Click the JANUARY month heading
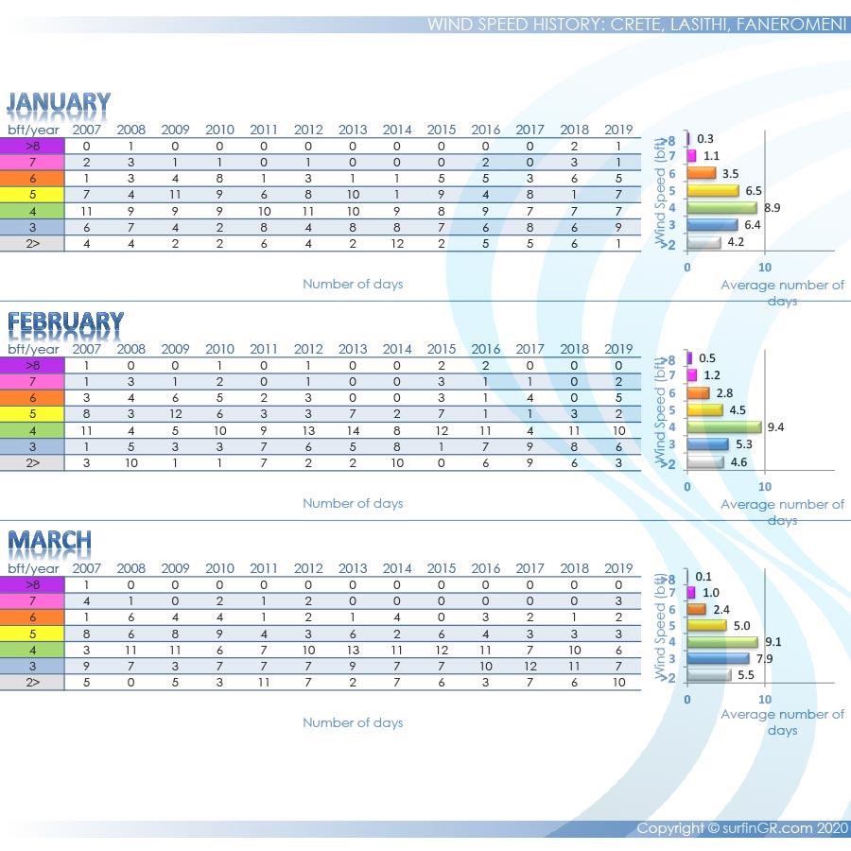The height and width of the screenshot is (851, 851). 59,102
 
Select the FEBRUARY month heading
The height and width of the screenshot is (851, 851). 65,322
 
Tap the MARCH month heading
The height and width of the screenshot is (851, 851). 50,542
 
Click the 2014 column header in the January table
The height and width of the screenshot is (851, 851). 397,130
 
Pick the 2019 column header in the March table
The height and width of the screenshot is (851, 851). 618,569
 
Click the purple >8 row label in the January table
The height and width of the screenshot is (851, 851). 32,147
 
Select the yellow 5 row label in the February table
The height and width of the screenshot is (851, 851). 32,414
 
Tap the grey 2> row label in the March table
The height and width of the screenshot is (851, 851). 32,682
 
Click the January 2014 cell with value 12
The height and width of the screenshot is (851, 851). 397,243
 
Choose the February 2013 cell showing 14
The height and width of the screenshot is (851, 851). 353,430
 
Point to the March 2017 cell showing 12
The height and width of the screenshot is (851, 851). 530,666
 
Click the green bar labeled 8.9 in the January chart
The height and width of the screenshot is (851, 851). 722,207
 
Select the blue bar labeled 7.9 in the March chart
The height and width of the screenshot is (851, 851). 718,658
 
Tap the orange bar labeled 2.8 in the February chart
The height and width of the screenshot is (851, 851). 699,392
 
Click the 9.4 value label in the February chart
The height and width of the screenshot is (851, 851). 776,427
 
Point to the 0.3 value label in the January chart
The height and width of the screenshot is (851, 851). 704,139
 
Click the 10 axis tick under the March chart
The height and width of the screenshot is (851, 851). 765,700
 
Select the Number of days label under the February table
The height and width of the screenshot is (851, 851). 353,503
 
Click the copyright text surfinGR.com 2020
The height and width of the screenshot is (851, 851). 741,828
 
